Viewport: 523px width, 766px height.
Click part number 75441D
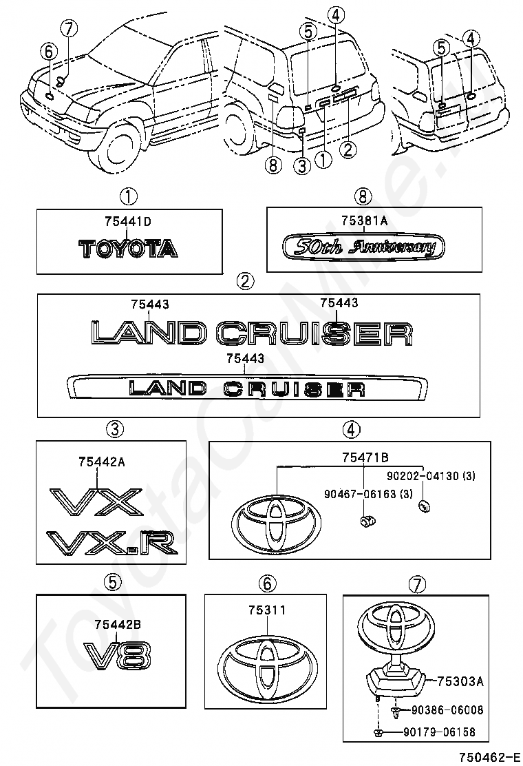127,221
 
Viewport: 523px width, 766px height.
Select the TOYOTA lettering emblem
129,249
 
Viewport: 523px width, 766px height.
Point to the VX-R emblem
112,543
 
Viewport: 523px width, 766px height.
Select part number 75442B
118,624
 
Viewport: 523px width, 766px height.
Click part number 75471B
365,457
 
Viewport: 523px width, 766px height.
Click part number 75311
266,610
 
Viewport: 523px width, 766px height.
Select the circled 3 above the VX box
114,429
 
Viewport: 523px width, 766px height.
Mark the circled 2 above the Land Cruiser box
245,281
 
